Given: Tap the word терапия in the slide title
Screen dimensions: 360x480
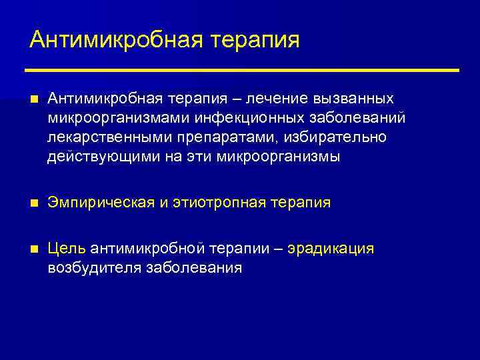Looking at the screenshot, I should (x=256, y=40).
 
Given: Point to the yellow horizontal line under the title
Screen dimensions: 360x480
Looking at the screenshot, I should (x=242, y=70).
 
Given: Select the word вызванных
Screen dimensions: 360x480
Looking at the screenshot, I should (x=355, y=99).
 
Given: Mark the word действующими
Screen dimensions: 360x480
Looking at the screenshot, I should (x=92, y=157).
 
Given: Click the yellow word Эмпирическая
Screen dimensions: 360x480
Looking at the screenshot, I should (x=101, y=203).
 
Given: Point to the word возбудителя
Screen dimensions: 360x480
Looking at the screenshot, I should (x=93, y=269).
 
